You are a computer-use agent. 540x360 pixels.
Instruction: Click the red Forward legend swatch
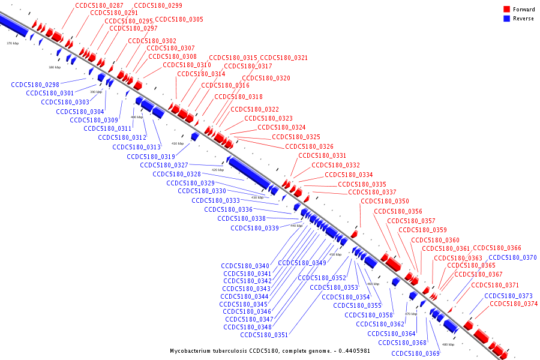coord(506,10)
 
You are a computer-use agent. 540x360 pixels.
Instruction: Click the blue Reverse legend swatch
coord(506,19)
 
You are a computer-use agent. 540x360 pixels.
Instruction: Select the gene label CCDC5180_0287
coord(99,5)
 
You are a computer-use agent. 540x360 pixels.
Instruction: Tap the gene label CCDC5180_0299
coord(158,5)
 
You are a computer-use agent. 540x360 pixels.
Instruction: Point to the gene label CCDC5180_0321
coord(284,58)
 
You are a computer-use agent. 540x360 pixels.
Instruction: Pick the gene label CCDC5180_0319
coord(151,157)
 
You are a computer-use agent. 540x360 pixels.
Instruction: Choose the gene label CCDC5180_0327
coord(164,165)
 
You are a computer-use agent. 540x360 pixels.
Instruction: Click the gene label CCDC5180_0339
coord(254,228)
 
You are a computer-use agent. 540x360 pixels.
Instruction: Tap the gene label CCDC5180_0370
coord(512,257)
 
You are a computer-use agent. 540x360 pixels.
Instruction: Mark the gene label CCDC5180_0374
coord(514,304)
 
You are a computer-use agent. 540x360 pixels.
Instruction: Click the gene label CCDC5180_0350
coord(385,201)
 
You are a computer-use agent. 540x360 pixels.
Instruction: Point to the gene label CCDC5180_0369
coord(415,353)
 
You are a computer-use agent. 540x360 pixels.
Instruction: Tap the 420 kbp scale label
coord(217,170)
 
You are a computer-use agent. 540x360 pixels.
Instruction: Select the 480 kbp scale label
coord(448,344)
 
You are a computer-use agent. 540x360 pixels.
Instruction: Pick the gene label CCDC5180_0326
coord(309,146)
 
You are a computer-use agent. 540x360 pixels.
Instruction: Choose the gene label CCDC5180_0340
coord(245,266)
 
